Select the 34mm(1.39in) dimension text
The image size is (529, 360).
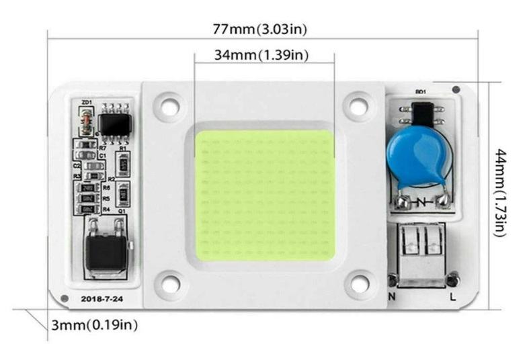coord(261,55)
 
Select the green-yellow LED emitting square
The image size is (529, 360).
coord(264,195)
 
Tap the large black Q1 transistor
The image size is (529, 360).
coord(106,252)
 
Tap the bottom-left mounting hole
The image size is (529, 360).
coord(168,284)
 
